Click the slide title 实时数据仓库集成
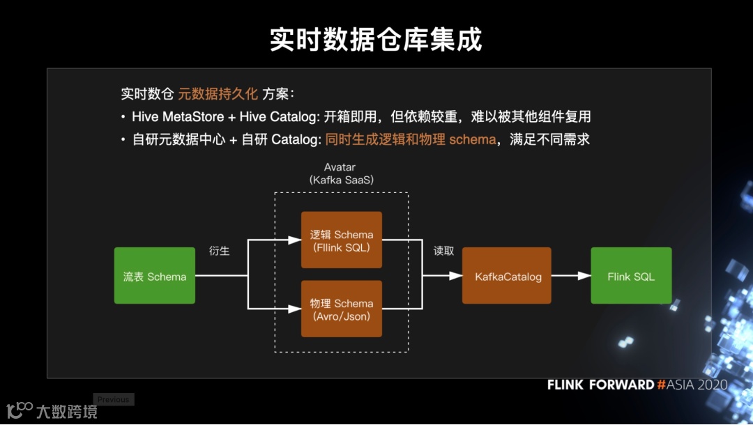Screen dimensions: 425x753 click(x=376, y=40)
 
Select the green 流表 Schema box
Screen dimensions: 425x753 click(x=155, y=276)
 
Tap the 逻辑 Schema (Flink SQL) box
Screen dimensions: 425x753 click(x=342, y=240)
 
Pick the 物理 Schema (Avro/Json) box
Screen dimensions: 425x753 click(x=342, y=309)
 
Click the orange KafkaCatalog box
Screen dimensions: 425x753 click(x=507, y=276)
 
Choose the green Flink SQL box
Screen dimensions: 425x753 click(x=631, y=276)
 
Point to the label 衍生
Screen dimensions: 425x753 click(x=219, y=251)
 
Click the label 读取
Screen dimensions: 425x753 click(x=443, y=251)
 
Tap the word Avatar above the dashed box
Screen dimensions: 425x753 click(x=340, y=167)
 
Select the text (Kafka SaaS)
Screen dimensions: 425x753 click(x=342, y=180)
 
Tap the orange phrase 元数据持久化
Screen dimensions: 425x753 click(x=218, y=94)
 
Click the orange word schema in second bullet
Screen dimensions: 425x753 click(x=472, y=139)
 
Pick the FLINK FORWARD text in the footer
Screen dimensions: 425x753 click(x=600, y=385)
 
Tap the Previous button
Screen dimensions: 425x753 click(x=113, y=399)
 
